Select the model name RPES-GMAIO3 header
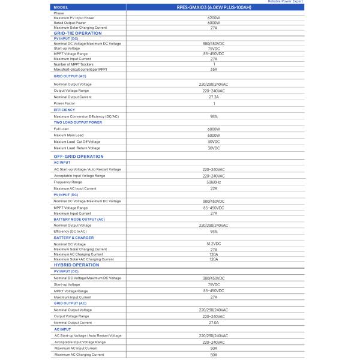pos(214,7)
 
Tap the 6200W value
pos(214,17)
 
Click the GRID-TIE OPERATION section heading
pos(77,33)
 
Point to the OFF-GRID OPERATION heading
pos(79,156)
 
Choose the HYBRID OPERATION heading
pos(76,265)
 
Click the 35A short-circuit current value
pos(214,69)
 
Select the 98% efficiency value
pos(214,116)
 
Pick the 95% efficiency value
pos(214,231)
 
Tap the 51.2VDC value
pos(214,244)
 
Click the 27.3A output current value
pos(214,97)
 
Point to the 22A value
pos(214,188)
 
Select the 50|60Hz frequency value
pos(214,182)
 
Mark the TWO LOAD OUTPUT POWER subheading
pos(77,122)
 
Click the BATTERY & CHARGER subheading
pos(73,238)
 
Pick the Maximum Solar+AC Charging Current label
pos(83,259)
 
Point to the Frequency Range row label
pos(68,182)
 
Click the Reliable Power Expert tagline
pos(286,2)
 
